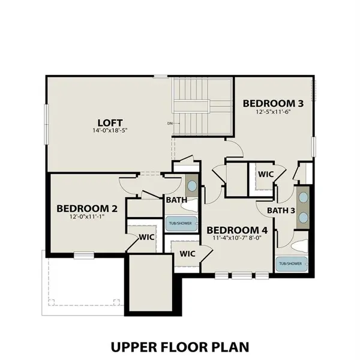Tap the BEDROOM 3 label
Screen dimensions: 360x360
(273, 103)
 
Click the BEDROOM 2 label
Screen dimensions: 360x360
(87, 208)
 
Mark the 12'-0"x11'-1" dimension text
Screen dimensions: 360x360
(87, 218)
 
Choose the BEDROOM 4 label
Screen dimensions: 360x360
(237, 230)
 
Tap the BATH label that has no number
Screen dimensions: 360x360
(176, 199)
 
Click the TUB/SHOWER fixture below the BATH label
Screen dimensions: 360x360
(181, 223)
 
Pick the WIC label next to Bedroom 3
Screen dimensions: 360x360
(266, 174)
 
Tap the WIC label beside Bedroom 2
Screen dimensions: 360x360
(146, 237)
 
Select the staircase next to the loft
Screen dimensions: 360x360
(202, 108)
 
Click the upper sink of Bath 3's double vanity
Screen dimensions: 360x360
(303, 197)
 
